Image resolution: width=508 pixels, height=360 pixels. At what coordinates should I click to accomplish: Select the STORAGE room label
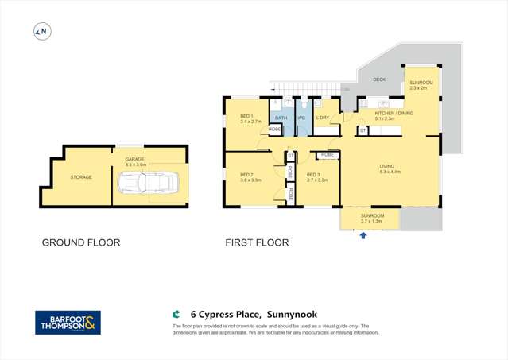pyautogui.click(x=81, y=177)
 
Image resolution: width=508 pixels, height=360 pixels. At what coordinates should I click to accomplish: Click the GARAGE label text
pyautogui.click(x=134, y=159)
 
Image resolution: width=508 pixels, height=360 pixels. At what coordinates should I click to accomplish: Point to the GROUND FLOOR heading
pyautogui.click(x=80, y=242)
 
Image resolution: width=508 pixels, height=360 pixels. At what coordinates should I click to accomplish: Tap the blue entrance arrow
pyautogui.click(x=364, y=236)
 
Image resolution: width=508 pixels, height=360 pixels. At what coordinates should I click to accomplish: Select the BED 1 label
pyautogui.click(x=246, y=117)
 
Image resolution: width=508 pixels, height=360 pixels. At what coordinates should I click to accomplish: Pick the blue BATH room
pyautogui.click(x=281, y=118)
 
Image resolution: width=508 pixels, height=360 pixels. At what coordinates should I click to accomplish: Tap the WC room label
pyautogui.click(x=301, y=118)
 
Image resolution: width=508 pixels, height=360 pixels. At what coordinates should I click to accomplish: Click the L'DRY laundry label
pyautogui.click(x=323, y=118)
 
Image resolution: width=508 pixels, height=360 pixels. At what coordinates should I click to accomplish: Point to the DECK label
pyautogui.click(x=378, y=79)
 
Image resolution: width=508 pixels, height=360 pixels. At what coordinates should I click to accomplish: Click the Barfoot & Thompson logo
pyautogui.click(x=68, y=323)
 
